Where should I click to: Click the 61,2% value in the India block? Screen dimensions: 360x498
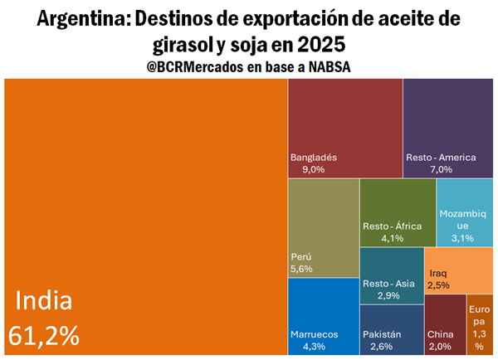pyautogui.click(x=44, y=335)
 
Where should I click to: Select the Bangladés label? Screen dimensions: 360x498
pyautogui.click(x=314, y=157)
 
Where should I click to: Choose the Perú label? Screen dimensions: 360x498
pyautogui.click(x=301, y=256)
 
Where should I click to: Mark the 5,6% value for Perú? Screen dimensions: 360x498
pyautogui.click(x=303, y=269)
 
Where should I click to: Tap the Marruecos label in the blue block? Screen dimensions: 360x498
pyautogui.click(x=315, y=334)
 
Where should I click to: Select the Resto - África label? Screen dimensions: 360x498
pyautogui.click(x=393, y=226)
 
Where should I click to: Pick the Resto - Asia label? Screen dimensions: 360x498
pyautogui.click(x=388, y=284)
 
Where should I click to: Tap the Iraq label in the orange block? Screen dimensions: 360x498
pyautogui.click(x=439, y=273)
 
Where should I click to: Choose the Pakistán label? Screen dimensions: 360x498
pyautogui.click(x=382, y=334)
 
